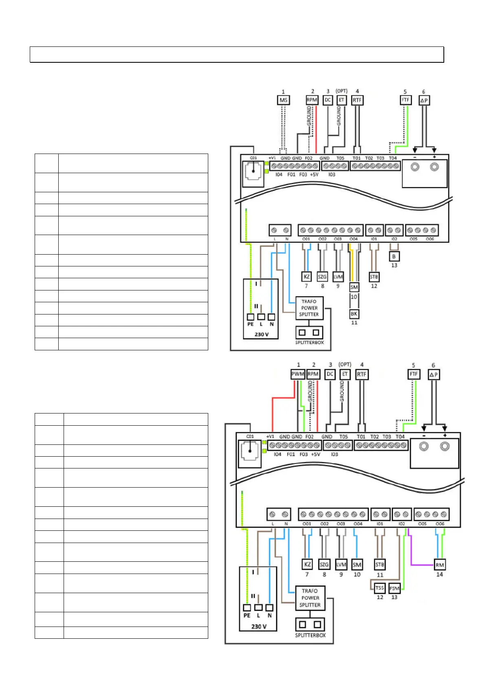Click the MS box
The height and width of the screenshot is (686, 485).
283,100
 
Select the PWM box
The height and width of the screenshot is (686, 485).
298,374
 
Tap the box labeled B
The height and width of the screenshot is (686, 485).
394,257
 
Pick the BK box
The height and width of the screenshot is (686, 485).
354,314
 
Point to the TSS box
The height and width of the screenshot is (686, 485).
379,588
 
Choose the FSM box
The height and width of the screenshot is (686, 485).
394,588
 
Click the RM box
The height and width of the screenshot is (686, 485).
439,565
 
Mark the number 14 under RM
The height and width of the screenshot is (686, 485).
439,574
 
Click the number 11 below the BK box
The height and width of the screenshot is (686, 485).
354,323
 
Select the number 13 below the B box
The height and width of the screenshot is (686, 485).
394,265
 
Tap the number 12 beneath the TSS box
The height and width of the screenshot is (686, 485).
380,597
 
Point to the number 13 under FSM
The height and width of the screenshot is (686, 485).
394,597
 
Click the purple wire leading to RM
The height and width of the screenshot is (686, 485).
420,565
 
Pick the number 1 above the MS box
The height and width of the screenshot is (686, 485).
283,92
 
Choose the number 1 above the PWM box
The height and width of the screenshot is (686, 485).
298,365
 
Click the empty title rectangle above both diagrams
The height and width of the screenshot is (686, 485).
236,55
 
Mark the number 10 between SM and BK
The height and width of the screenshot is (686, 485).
354,297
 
